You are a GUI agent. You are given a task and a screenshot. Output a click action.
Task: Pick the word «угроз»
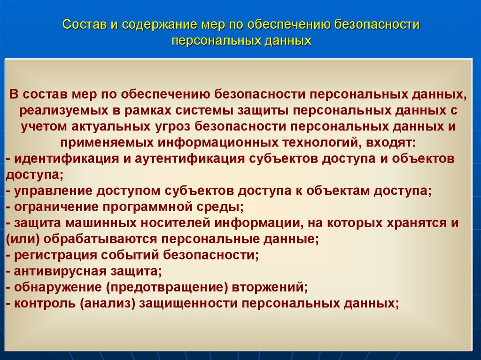pos(171,127)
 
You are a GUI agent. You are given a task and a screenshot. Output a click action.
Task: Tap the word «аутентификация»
pos(190,159)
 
